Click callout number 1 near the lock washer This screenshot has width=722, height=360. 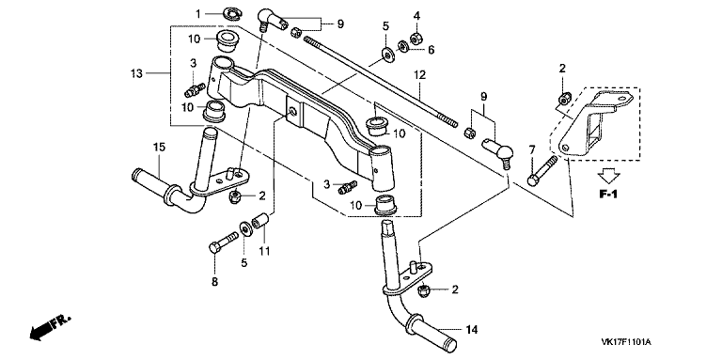[198, 14]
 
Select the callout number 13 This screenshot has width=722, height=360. [136, 73]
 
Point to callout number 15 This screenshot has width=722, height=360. [159, 148]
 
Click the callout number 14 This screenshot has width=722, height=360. [472, 330]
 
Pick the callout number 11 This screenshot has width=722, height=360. [265, 251]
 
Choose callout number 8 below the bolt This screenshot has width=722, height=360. [214, 281]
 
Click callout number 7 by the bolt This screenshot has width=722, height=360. [532, 149]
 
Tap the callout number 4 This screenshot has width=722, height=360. [416, 16]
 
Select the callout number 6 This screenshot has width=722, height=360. [431, 50]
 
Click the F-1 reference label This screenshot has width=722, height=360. [608, 195]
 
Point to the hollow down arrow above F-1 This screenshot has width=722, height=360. [608, 177]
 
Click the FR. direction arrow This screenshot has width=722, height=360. [48, 328]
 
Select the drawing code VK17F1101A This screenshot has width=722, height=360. [626, 342]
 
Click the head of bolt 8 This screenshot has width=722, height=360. [214, 247]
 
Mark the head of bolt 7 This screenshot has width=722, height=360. [532, 180]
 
